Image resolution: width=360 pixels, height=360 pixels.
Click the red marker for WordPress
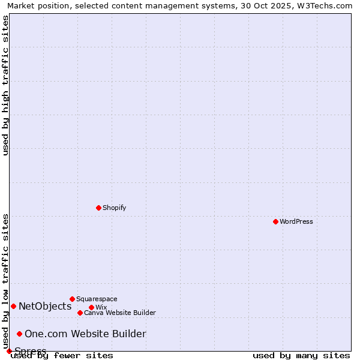275,221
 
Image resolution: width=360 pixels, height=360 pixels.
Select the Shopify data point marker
98,208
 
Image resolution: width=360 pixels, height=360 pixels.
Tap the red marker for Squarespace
72,299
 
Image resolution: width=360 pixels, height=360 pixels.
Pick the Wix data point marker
91,307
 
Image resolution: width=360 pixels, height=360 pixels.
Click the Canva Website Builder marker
80,313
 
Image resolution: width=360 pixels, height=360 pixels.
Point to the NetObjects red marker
13,306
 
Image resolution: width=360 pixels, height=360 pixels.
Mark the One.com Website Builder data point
19,334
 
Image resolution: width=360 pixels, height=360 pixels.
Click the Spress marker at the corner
9,351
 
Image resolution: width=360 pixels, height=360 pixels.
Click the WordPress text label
296,221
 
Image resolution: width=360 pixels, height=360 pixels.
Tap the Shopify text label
114,208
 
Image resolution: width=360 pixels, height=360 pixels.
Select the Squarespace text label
97,299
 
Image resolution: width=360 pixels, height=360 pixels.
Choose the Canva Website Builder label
120,313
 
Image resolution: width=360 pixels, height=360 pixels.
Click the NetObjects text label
45,306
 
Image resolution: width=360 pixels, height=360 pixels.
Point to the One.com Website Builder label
85,334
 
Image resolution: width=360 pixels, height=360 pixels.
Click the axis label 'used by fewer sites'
62,355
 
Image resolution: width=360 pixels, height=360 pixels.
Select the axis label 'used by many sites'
301,355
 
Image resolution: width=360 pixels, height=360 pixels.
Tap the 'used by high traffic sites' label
5,85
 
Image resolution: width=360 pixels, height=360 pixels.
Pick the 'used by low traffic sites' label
5,281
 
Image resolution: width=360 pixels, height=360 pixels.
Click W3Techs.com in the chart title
329,5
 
